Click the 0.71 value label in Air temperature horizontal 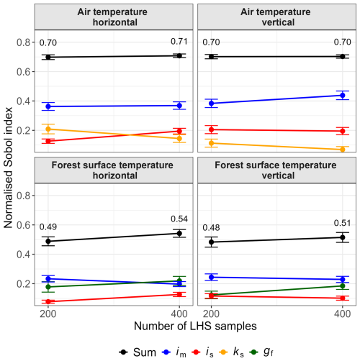179,42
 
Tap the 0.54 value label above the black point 179,219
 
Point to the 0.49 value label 48,227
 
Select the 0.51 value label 342,223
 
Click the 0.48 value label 211,227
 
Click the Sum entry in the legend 138,352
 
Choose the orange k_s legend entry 232,352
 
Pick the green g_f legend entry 261,352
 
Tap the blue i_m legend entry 174,352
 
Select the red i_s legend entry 203,352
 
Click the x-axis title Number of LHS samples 195,326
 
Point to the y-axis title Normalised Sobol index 8,168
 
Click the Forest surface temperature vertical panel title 276,170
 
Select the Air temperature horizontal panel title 112,17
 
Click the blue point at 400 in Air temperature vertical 343,96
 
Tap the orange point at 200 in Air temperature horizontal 48,129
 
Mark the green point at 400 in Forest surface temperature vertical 343,286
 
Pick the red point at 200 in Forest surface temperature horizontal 48,301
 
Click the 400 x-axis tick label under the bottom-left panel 179,314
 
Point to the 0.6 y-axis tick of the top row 24,72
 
